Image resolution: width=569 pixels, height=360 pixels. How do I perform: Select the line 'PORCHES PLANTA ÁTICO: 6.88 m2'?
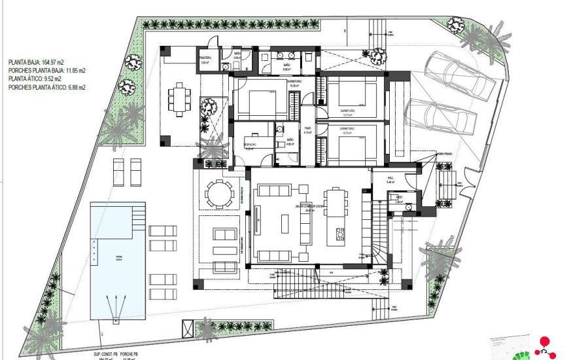[47, 86]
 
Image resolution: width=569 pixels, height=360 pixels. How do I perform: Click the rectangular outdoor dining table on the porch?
[177, 100]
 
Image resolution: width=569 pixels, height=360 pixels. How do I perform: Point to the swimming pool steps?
[137, 213]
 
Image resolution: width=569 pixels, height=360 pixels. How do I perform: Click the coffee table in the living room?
[286, 223]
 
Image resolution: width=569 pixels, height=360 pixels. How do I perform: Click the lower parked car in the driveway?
[440, 117]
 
